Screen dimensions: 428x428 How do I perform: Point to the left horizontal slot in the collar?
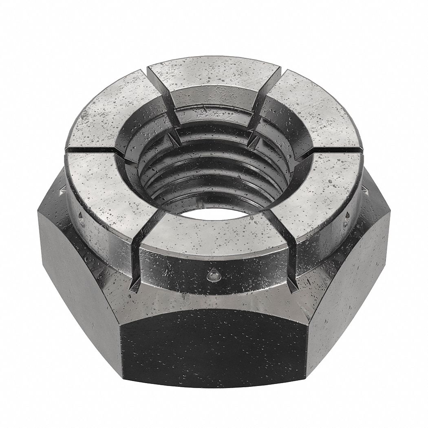(x=92, y=151)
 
